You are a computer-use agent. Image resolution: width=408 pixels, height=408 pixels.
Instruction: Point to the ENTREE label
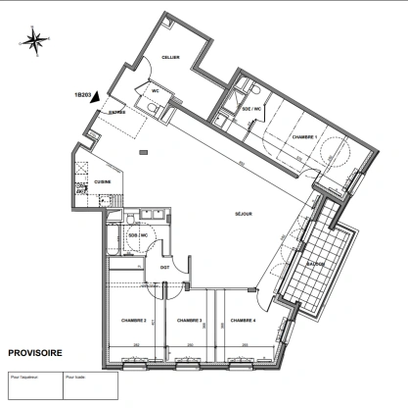117,114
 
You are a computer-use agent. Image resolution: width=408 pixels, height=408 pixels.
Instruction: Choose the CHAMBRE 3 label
189,321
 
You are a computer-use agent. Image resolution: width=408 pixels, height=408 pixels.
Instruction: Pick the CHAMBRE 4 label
243,321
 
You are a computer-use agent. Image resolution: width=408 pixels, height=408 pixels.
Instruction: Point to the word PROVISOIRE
36,351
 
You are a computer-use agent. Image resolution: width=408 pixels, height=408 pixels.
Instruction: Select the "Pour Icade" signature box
88,384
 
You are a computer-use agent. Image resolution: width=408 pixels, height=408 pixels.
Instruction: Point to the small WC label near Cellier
155,91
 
